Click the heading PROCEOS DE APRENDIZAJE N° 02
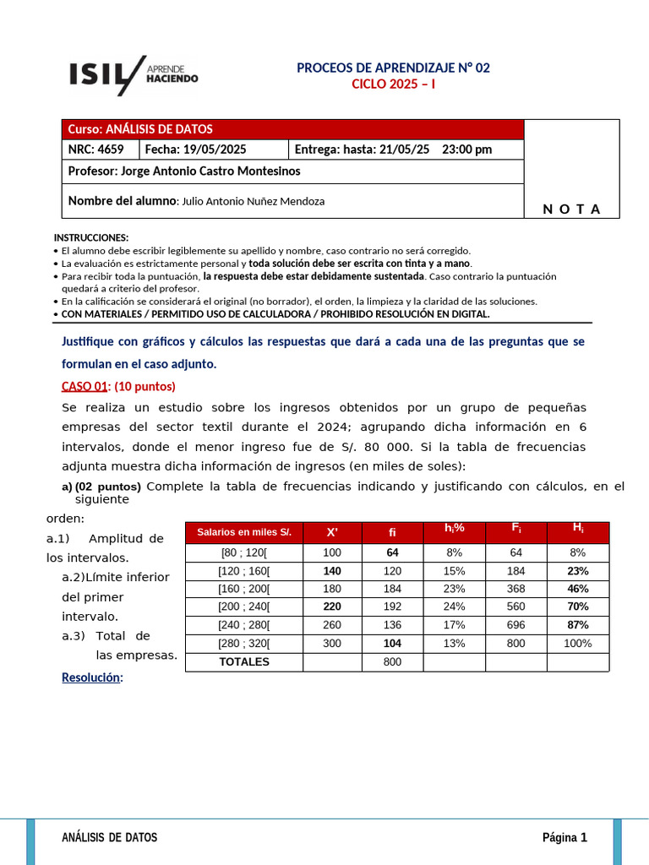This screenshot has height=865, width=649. pyautogui.click(x=393, y=68)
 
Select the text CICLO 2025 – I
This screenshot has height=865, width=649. pyautogui.click(x=393, y=84)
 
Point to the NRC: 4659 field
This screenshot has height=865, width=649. pyautogui.click(x=95, y=150)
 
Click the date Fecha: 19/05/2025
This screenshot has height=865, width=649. pyautogui.click(x=196, y=150)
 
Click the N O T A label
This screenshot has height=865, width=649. pyautogui.click(x=571, y=209)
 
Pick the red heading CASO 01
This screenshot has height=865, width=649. pyautogui.click(x=85, y=386)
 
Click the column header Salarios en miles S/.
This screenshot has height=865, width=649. pyautogui.click(x=243, y=532)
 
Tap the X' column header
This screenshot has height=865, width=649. pyautogui.click(x=331, y=532)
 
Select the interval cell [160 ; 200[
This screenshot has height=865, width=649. pyautogui.click(x=243, y=589)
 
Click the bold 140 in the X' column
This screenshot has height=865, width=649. pyautogui.click(x=331, y=571)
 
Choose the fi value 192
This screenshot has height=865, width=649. pyautogui.click(x=392, y=607)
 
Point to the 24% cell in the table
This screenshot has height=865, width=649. pyautogui.click(x=454, y=607)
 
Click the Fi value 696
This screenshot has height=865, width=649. pyautogui.click(x=515, y=625)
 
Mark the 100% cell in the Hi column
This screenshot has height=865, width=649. pyautogui.click(x=578, y=644)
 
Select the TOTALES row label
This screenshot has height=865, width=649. pyautogui.click(x=243, y=661)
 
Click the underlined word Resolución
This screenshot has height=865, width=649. pyautogui.click(x=91, y=677)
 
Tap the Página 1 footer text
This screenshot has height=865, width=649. pyautogui.click(x=564, y=837)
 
